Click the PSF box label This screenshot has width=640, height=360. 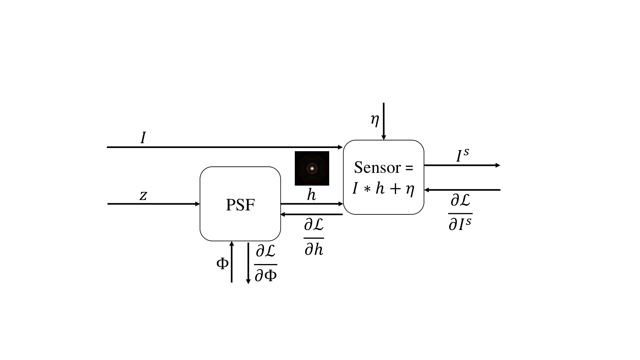[240, 205]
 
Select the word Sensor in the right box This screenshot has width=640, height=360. [377, 168]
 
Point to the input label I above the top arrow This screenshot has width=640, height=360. [143, 138]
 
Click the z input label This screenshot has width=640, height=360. [143, 196]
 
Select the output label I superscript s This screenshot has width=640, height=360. [462, 156]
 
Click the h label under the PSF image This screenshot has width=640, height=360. [312, 195]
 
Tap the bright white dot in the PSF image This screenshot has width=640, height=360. [312, 168]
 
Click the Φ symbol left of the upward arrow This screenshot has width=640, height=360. [222, 264]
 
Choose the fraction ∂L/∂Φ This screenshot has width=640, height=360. [266, 264]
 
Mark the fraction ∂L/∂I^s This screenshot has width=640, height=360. [460, 213]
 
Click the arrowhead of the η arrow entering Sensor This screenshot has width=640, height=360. [384, 138]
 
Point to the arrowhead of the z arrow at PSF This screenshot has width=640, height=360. [198, 204]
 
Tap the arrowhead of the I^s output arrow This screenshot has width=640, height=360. [498, 165]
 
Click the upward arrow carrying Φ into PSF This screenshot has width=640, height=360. [232, 262]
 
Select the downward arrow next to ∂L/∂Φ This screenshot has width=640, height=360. [248, 263]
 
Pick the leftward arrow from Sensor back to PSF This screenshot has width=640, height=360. [312, 214]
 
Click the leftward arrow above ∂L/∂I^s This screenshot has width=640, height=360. [462, 190]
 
